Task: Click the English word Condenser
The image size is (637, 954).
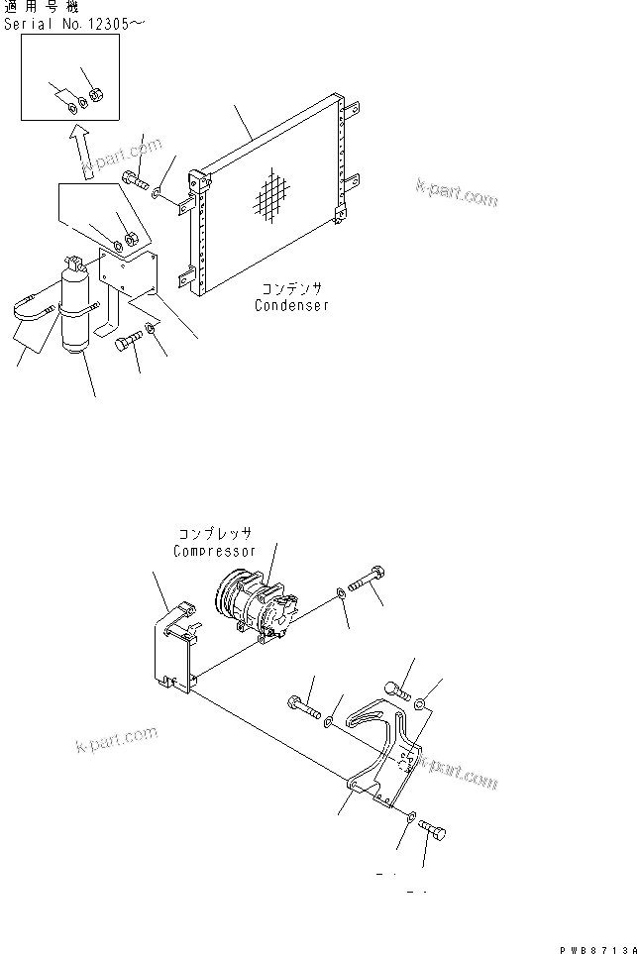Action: pyautogui.click(x=291, y=305)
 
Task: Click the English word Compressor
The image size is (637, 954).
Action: pyautogui.click(x=214, y=551)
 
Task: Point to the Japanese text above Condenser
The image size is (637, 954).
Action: pyautogui.click(x=290, y=289)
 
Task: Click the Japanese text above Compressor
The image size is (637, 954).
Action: pyautogui.click(x=214, y=535)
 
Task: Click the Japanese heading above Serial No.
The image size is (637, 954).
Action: pyautogui.click(x=45, y=7)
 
